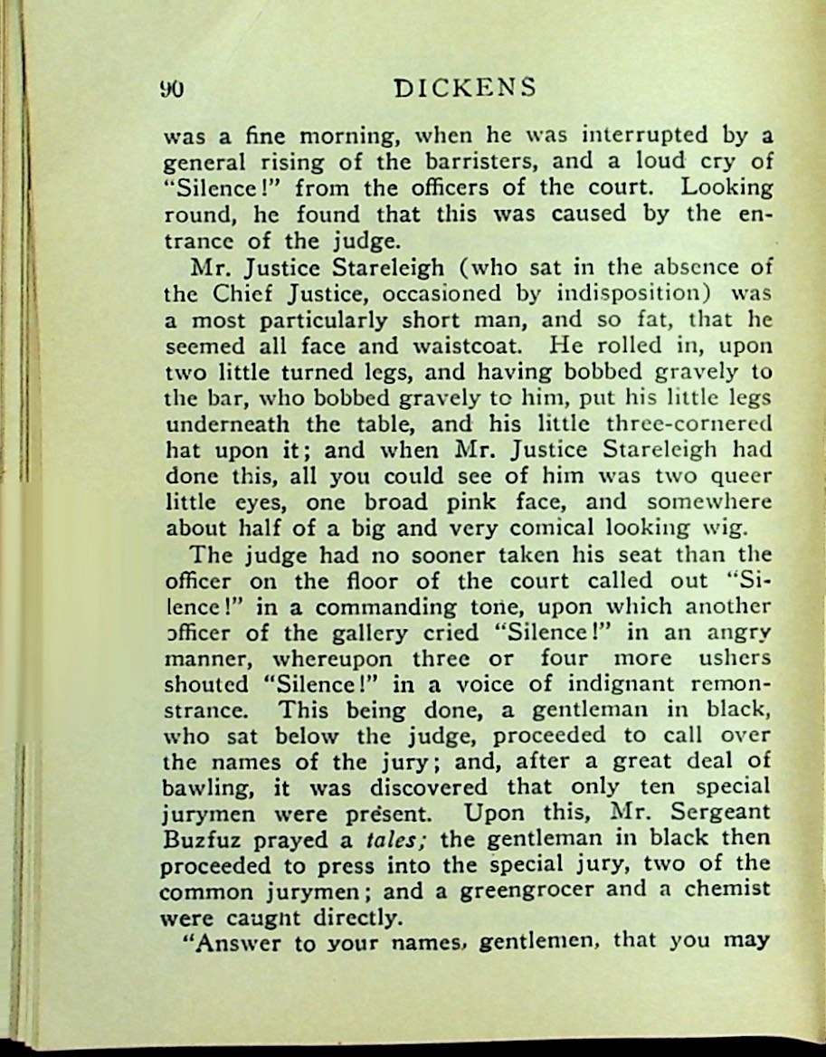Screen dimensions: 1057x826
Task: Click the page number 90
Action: [x=172, y=89]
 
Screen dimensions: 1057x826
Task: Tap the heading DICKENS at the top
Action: [x=466, y=88]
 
